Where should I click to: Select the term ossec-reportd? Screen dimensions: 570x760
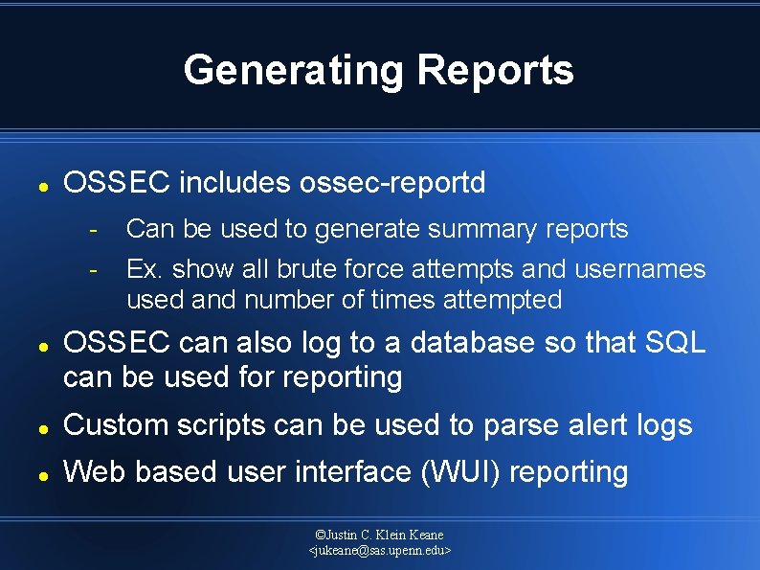(392, 182)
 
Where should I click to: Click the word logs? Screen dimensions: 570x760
(659, 424)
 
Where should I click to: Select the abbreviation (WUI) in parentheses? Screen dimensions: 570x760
(460, 472)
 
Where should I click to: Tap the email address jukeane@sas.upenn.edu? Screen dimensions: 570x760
(380, 551)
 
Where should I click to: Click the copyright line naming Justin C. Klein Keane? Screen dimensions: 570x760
(380, 535)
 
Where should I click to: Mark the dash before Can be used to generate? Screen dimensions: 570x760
(93, 230)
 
